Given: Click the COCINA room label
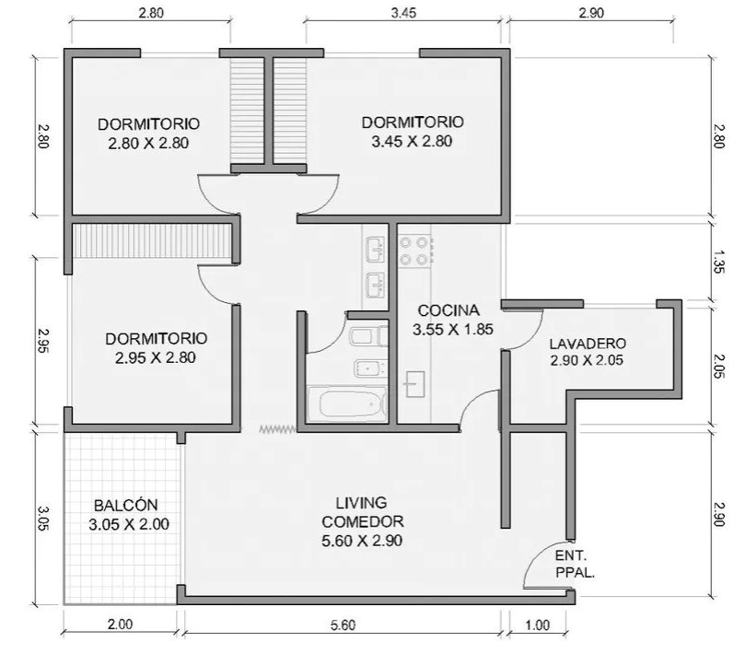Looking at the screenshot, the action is click(448, 310).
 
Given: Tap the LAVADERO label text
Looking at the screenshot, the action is click(588, 344).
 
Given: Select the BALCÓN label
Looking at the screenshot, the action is click(126, 505).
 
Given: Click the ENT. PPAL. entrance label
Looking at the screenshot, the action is click(575, 564).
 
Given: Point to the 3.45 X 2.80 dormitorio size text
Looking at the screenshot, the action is click(412, 141).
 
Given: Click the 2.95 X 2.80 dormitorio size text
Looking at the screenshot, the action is click(156, 357).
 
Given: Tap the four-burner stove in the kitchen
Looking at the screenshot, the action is click(414, 251).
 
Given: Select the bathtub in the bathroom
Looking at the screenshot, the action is click(347, 404).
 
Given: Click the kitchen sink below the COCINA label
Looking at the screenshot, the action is click(414, 384).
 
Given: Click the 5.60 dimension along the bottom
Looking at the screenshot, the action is click(343, 625).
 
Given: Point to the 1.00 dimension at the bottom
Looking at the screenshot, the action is click(538, 625).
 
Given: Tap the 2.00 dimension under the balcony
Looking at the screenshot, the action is click(120, 624).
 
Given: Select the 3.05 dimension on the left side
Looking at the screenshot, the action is click(42, 518).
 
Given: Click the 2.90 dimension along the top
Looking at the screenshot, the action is click(591, 13).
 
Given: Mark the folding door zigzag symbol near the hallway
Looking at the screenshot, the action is click(277, 429).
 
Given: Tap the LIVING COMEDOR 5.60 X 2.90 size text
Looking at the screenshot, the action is click(362, 541).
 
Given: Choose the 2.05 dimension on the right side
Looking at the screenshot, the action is click(718, 367).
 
